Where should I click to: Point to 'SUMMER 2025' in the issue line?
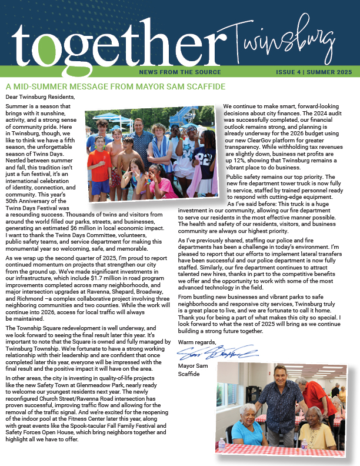pos(332,72)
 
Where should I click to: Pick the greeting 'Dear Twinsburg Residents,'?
pos(41,96)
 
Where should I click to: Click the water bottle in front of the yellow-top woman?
pos(304,442)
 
